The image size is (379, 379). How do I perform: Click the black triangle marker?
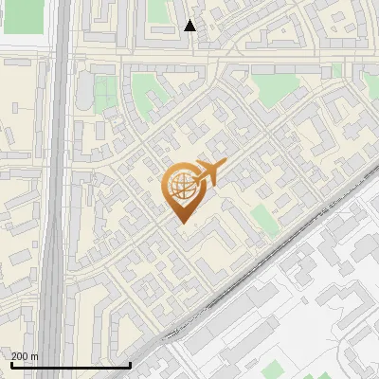point(190,26)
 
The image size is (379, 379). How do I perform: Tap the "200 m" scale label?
point(25,356)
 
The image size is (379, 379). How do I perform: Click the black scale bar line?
point(70,365)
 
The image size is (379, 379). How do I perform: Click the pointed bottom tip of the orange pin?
point(183,224)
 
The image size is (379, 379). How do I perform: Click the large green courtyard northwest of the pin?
point(148,94)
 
